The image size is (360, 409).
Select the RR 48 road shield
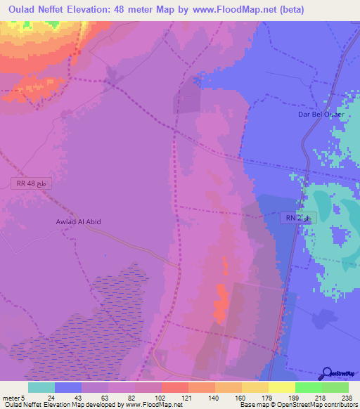pyautogui.click(x=32, y=183)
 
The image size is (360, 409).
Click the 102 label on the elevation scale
pyautogui.click(x=161, y=397)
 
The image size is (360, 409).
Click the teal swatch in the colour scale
pyautogui.click(x=41, y=387)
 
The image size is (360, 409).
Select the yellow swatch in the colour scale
pyautogui.click(x=281, y=387)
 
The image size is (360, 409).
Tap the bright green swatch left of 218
pyautogui.click(x=308, y=387)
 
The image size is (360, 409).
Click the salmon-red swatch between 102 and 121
pyautogui.click(x=174, y=387)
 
